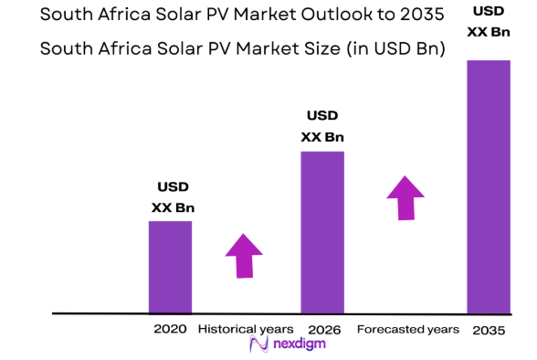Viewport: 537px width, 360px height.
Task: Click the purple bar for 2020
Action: coord(171,267)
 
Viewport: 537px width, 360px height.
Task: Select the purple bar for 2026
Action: coord(323,232)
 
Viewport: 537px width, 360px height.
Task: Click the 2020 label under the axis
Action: coord(171,328)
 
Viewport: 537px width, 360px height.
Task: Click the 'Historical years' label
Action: coord(246,328)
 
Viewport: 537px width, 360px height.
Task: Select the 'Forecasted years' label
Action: coord(407,328)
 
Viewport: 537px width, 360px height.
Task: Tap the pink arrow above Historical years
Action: coord(244,255)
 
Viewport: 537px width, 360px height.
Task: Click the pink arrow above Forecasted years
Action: coord(405,197)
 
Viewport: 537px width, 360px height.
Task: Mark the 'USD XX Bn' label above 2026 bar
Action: coord(323,127)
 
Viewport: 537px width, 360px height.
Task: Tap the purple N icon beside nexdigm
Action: coord(258,344)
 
